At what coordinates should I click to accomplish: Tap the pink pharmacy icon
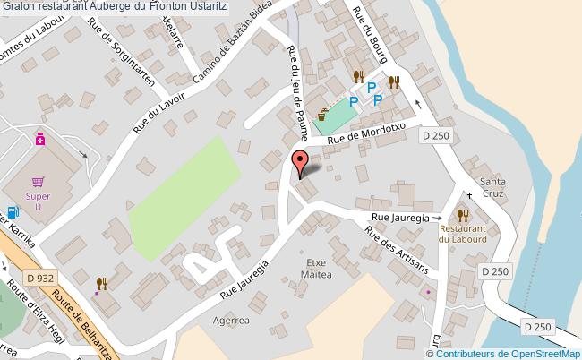tap(40, 139)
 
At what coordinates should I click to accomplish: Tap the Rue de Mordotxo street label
tap(366, 134)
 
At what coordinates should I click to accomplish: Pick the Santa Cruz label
tap(492, 175)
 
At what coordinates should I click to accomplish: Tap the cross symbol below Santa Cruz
tap(469, 194)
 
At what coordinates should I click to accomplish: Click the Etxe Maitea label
tap(320, 268)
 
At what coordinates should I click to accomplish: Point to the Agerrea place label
tap(230, 318)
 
